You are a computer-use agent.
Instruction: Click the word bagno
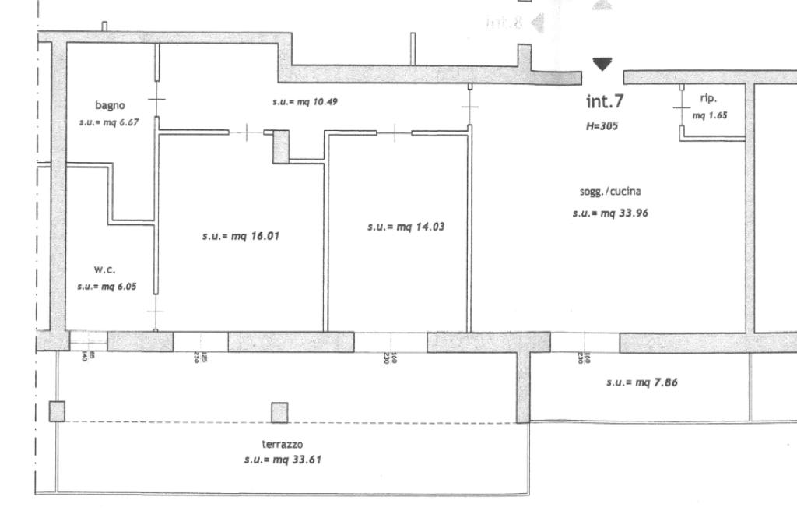[x=110, y=105]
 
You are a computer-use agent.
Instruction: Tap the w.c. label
[x=105, y=270]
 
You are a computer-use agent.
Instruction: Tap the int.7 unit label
[x=604, y=101]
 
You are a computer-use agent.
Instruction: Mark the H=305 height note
[x=602, y=125]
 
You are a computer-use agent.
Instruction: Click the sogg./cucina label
[x=610, y=191]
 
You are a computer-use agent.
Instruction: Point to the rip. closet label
[x=708, y=99]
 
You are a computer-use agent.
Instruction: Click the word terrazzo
[x=283, y=444]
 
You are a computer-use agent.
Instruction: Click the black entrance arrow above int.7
[x=602, y=65]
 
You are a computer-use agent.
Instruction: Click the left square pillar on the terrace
[x=57, y=411]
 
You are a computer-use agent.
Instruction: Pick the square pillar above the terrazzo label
[x=279, y=412]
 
